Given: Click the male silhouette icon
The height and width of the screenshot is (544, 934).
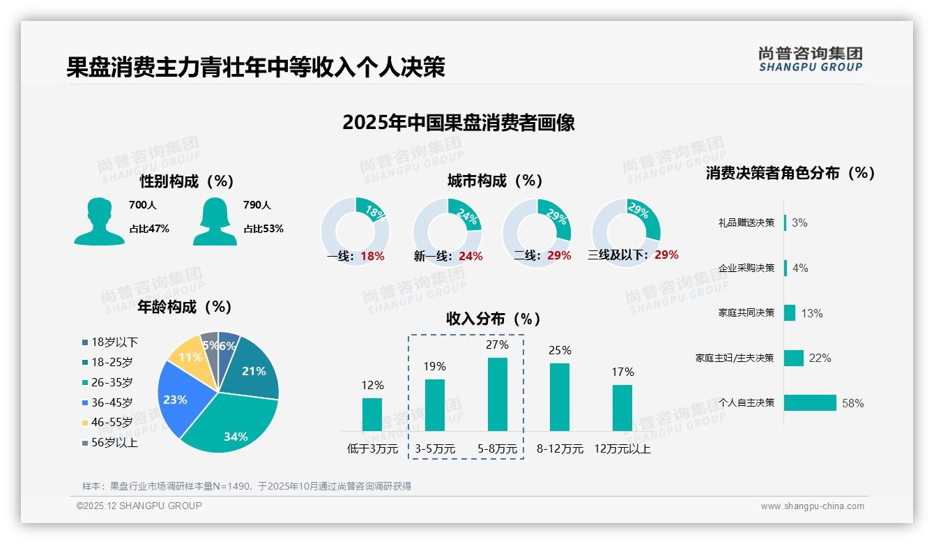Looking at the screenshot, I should click(x=99, y=221).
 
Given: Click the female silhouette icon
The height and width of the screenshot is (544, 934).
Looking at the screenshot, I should click(x=215, y=221).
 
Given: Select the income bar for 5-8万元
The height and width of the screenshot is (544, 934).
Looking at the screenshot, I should click(x=497, y=395).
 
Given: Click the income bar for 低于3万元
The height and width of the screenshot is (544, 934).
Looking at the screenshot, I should click(x=372, y=414).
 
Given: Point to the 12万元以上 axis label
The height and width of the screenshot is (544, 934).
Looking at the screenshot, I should click(x=622, y=449).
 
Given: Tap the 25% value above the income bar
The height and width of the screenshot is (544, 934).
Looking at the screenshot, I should click(x=560, y=350).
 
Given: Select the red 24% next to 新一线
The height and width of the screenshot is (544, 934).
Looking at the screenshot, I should click(x=470, y=257).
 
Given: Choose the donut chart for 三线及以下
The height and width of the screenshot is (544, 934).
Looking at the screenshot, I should click(x=626, y=228).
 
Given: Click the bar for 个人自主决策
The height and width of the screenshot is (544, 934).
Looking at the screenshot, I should click(x=810, y=403).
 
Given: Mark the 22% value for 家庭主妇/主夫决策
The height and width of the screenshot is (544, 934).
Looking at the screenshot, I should click(x=820, y=358).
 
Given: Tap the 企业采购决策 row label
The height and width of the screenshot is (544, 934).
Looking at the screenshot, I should click(x=746, y=268).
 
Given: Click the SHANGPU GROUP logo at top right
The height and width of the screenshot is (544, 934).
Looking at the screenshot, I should click(x=810, y=59).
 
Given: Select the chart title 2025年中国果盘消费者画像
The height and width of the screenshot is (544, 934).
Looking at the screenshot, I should click(x=459, y=123).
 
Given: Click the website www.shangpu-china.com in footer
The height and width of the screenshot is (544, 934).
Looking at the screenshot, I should click(x=812, y=506).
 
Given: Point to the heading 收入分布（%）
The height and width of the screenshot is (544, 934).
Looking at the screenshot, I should click(x=493, y=319).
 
